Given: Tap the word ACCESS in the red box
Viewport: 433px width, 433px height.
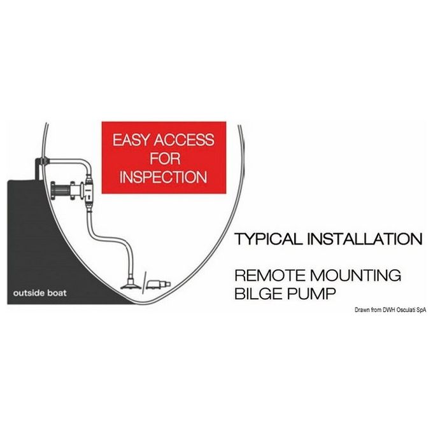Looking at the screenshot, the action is tap(184, 139).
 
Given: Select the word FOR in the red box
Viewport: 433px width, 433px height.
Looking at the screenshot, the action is tap(165, 159).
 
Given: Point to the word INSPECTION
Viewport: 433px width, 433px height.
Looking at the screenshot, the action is tap(164, 177).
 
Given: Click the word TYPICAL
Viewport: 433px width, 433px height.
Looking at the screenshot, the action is tap(268, 239).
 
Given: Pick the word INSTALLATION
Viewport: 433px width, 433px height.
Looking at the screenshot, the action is tap(365, 239).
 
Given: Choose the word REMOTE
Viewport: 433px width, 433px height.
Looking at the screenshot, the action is tap(269, 275).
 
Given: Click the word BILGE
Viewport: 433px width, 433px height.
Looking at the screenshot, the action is tap(258, 294).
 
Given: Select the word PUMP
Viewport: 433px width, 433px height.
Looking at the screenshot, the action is tap(311, 294).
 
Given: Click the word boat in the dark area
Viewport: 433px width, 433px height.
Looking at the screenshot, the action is tap(57, 293).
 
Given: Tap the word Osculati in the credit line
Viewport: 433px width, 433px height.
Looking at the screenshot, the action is tap(406, 310).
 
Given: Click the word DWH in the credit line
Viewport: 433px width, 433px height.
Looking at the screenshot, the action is tap(389, 310).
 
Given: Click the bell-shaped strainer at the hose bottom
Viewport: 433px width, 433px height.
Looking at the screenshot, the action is tap(131, 283).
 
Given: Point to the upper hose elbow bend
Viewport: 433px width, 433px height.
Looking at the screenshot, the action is tap(85, 165).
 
